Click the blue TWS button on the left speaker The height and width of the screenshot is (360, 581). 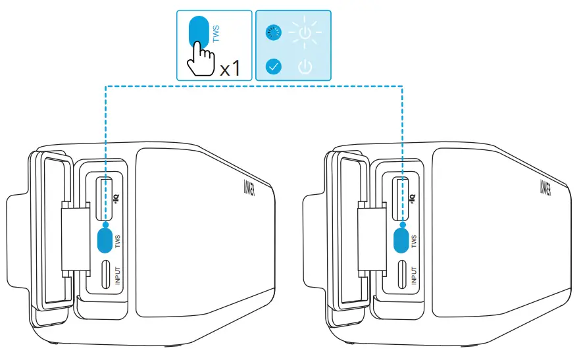point(105,240)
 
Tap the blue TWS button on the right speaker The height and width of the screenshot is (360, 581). point(401,240)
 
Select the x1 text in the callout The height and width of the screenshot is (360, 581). point(230,69)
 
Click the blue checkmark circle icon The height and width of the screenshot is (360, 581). point(274,66)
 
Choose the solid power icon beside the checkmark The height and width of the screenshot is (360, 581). point(305,66)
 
